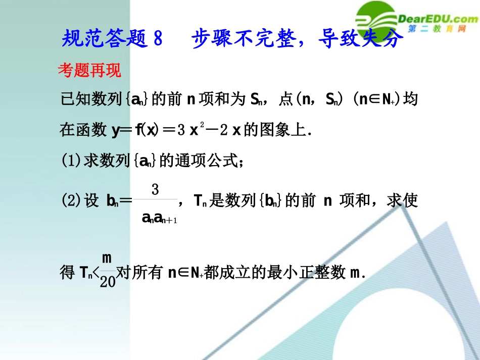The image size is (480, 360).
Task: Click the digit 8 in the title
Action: [158, 38]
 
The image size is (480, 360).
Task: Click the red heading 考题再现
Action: [89, 71]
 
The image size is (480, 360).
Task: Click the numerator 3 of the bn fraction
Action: [155, 190]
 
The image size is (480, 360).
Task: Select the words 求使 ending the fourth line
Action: [402, 201]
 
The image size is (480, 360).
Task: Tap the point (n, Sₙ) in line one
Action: [324, 100]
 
